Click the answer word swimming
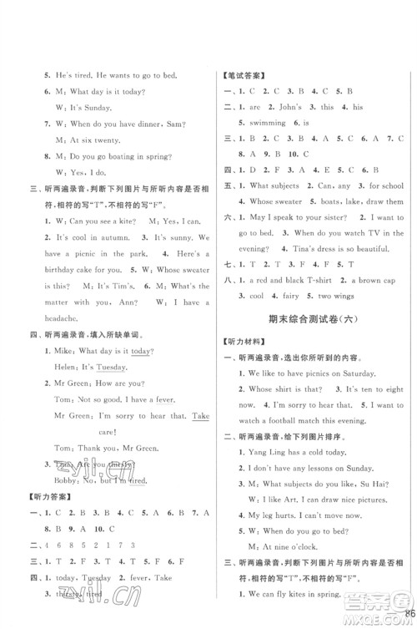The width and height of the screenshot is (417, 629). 266,123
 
